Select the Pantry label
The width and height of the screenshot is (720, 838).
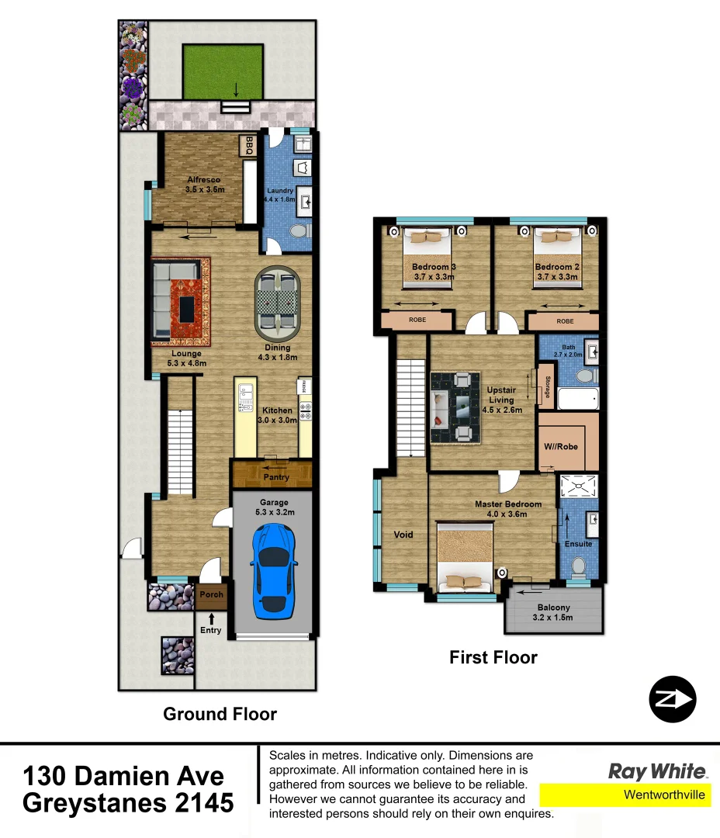point(276,477)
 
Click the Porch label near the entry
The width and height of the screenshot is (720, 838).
point(211,594)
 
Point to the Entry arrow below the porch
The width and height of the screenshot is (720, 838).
point(211,618)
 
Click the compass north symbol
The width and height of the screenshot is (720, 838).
point(672,700)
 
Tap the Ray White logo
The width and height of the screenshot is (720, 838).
point(657,771)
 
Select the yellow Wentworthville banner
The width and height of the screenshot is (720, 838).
point(625,795)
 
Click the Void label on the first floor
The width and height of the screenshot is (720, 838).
point(403,535)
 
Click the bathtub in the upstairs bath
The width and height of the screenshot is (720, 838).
point(578,399)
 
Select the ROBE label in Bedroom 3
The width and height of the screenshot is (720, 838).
point(417,320)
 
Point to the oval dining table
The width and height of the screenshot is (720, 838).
point(278,303)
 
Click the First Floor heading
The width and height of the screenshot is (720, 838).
point(493,658)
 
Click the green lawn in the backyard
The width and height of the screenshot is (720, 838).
point(223,71)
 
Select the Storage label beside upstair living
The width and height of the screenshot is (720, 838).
point(548,387)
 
